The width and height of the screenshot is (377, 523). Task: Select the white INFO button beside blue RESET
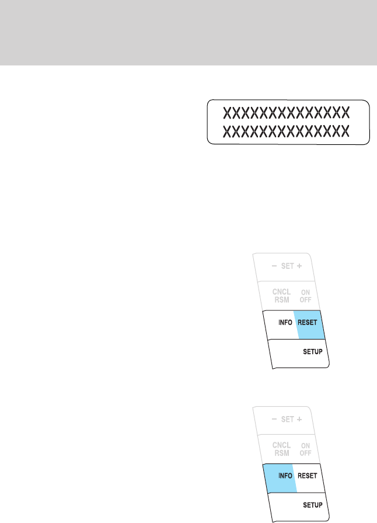(284, 322)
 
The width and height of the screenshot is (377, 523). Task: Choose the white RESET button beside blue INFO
(306, 475)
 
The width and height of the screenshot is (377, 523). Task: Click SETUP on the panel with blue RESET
(312, 352)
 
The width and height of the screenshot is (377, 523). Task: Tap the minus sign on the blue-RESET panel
(274, 266)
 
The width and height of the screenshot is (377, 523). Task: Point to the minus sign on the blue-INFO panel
(273, 419)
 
